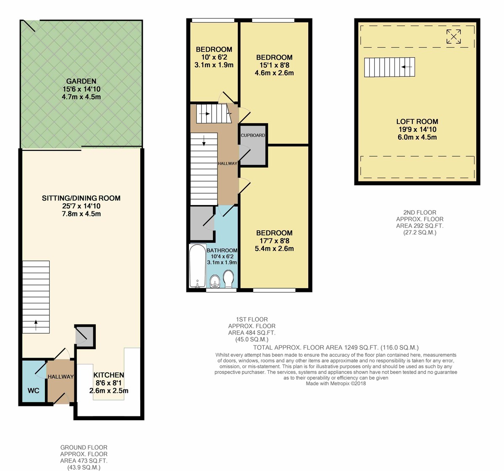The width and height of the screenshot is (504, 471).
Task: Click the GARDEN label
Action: (x=81, y=81)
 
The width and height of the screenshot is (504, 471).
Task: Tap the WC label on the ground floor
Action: (x=34, y=390)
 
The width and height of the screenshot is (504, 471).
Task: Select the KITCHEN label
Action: (x=109, y=375)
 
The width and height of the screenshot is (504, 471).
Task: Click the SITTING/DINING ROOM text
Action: (x=81, y=198)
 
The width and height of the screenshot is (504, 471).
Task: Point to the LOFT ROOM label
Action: (x=417, y=121)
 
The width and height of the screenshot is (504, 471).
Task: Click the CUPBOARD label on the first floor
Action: (x=253, y=135)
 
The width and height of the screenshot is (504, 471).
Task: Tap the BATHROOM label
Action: (x=222, y=250)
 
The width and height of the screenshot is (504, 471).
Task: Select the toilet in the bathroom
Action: (x=228, y=278)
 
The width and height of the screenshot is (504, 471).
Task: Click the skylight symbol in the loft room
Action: (x=453, y=37)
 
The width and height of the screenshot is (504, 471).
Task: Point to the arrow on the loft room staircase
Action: (x=407, y=67)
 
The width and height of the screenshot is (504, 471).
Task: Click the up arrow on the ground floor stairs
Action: (x=36, y=323)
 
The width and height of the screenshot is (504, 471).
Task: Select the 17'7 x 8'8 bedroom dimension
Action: (x=274, y=241)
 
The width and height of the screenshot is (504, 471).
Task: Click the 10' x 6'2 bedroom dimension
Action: (x=214, y=57)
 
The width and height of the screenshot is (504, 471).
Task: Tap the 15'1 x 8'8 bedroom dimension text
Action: (x=274, y=65)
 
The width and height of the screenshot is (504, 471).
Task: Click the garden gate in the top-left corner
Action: (x=29, y=26)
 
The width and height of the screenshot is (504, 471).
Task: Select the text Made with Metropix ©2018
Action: (x=336, y=383)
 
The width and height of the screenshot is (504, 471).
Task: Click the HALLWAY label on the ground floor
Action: (x=60, y=377)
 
